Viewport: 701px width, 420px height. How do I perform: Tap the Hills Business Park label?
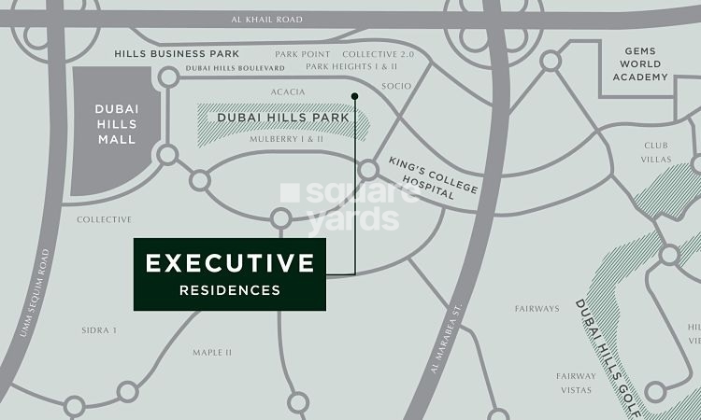click(x=176, y=54)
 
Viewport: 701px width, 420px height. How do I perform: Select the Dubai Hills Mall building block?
click(x=115, y=131)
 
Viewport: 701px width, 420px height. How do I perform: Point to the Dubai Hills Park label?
click(x=282, y=119)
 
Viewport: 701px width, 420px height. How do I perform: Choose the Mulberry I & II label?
click(x=286, y=139)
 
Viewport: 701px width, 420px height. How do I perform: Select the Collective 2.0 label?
click(x=378, y=55)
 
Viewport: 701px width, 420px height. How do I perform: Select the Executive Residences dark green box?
click(x=229, y=273)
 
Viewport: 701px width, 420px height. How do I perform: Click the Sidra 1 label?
click(x=98, y=330)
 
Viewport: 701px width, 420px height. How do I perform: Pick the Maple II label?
click(x=211, y=353)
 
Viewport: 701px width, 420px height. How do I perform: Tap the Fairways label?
click(x=536, y=309)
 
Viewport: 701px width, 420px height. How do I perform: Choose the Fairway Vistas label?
click(x=576, y=383)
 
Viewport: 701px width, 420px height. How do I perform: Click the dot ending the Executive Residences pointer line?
click(x=354, y=95)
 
